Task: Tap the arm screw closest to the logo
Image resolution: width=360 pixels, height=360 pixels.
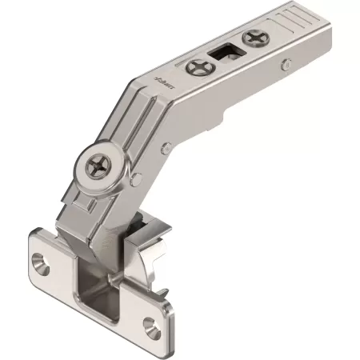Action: coord(194,69)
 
